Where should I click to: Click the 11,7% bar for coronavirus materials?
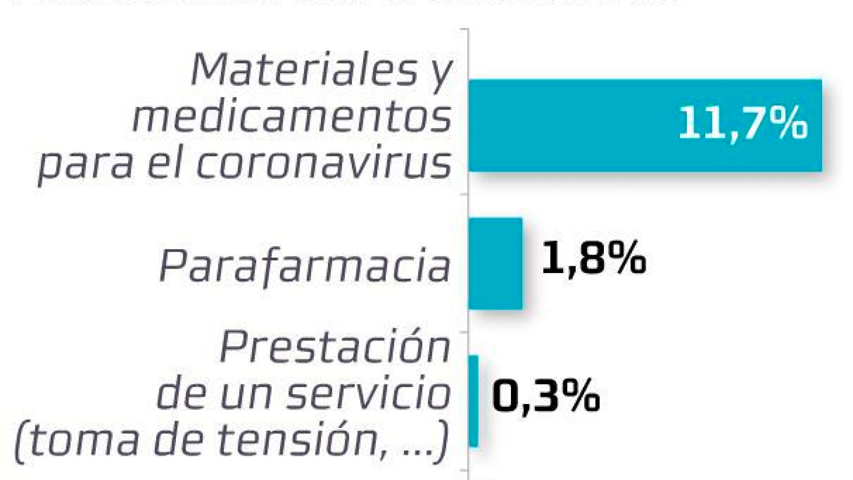pyautogui.click(x=584, y=125)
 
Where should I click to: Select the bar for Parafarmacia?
pyautogui.click(x=495, y=264)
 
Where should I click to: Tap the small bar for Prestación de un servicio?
pyautogui.click(x=473, y=401)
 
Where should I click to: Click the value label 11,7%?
pyautogui.click(x=743, y=123)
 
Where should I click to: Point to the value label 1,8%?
pyautogui.click(x=594, y=258)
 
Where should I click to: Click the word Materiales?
pyautogui.click(x=303, y=71)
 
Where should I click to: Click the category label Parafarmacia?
pyautogui.click(x=305, y=266)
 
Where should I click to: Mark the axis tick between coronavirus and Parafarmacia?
pyautogui.click(x=465, y=194)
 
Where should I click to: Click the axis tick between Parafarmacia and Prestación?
pyautogui.click(x=465, y=332)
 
